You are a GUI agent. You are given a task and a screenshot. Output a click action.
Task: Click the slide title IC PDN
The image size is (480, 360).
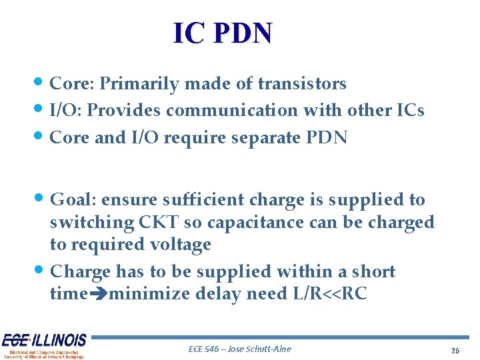(x=223, y=33)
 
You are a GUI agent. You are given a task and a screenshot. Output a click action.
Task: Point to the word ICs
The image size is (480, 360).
(x=408, y=110)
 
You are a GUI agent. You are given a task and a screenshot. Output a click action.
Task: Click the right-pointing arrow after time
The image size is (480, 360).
(x=97, y=294)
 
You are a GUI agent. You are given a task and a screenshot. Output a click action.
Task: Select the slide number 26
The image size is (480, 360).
(x=455, y=351)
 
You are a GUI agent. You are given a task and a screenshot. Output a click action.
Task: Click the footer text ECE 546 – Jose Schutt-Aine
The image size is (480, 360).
(x=240, y=349)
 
